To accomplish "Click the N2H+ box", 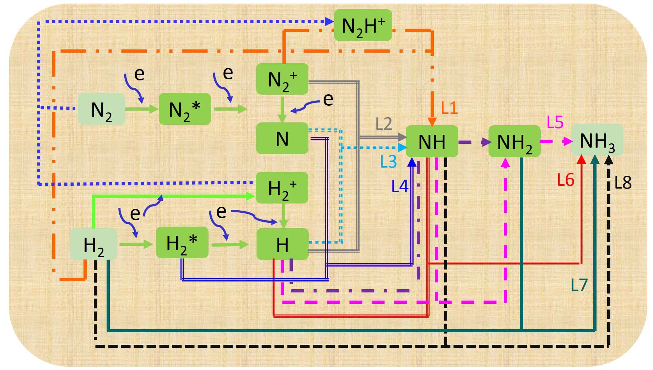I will pos(363,25).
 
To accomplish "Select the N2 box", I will pos(101,109).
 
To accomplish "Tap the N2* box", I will pos(185,109).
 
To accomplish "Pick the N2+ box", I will pos(282,79).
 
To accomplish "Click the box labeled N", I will pos(282,138).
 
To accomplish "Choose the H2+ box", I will pos(282,188).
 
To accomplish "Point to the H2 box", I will pos(93,244).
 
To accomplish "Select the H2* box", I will pos(182,243).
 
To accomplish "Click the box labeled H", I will pos(282,244).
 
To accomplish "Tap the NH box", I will pos(432,141).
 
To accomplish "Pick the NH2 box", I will pos(514,141).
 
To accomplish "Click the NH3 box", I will pos(597,140).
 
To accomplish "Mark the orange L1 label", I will pos(449,107).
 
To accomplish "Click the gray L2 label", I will pos(384,124).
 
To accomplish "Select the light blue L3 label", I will pos(388,162).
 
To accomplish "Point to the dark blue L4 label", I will pos(400,186).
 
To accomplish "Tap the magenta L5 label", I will pos(555,122).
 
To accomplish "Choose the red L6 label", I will pos(566,180).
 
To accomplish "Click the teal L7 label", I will pos(579,285).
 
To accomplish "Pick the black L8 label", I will pos(623,183).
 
